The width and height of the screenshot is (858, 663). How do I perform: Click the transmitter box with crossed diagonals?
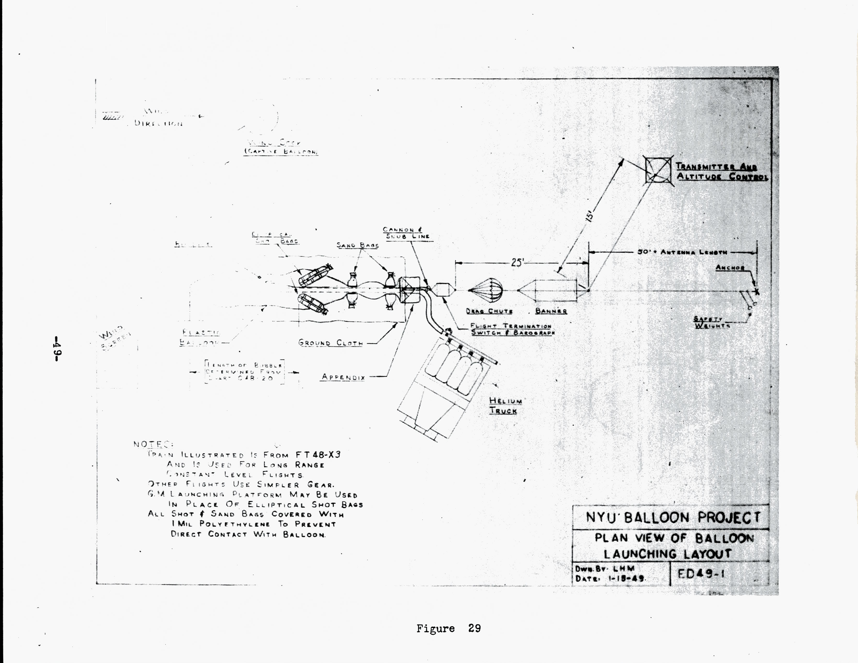point(658,169)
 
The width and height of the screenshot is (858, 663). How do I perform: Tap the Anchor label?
point(730,268)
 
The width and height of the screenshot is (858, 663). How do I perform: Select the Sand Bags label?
point(357,245)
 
